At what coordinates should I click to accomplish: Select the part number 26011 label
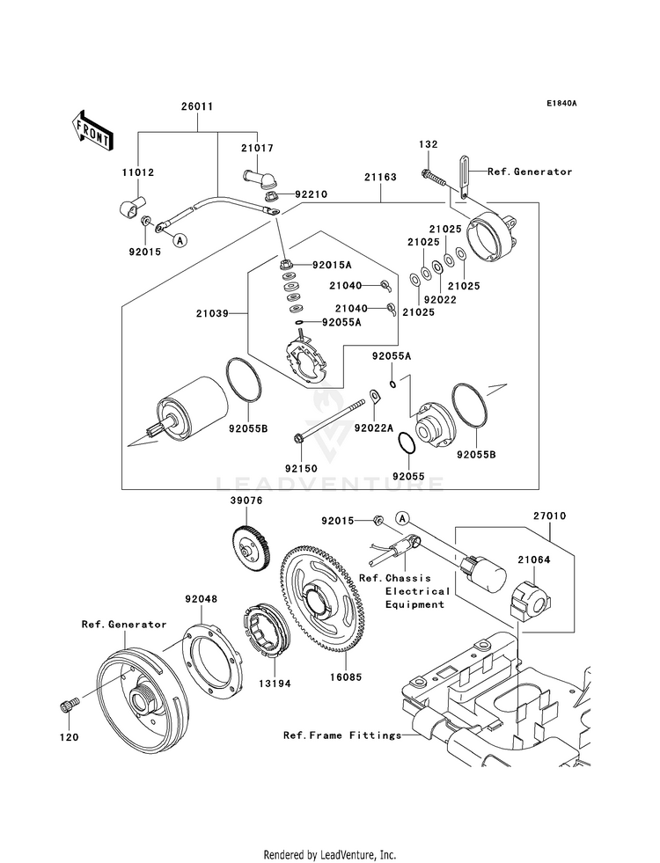click(197, 106)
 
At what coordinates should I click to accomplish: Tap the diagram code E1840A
click(561, 104)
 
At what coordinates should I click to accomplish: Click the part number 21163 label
click(380, 177)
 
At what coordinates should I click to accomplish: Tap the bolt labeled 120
click(70, 706)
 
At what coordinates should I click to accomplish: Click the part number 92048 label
click(201, 599)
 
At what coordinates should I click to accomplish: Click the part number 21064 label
click(532, 559)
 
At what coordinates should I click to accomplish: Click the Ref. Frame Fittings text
click(342, 735)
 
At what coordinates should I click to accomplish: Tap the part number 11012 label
click(138, 172)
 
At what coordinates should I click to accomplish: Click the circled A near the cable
click(179, 239)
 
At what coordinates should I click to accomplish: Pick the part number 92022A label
click(374, 428)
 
